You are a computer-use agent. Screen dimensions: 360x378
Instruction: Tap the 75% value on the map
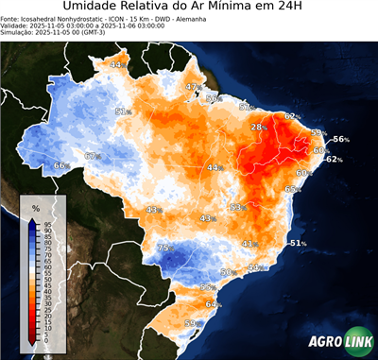coord(165,248)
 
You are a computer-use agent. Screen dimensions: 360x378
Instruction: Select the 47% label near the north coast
coord(193,87)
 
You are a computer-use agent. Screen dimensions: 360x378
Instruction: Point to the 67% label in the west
coord(93,156)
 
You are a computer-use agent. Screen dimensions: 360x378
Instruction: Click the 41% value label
coord(249,244)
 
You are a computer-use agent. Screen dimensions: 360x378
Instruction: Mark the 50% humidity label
coord(227,272)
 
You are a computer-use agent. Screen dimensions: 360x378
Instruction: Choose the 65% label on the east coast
coord(293,189)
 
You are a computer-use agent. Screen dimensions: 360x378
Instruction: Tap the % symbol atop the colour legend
coord(35,207)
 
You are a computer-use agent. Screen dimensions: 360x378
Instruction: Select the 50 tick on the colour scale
coord(46,281)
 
